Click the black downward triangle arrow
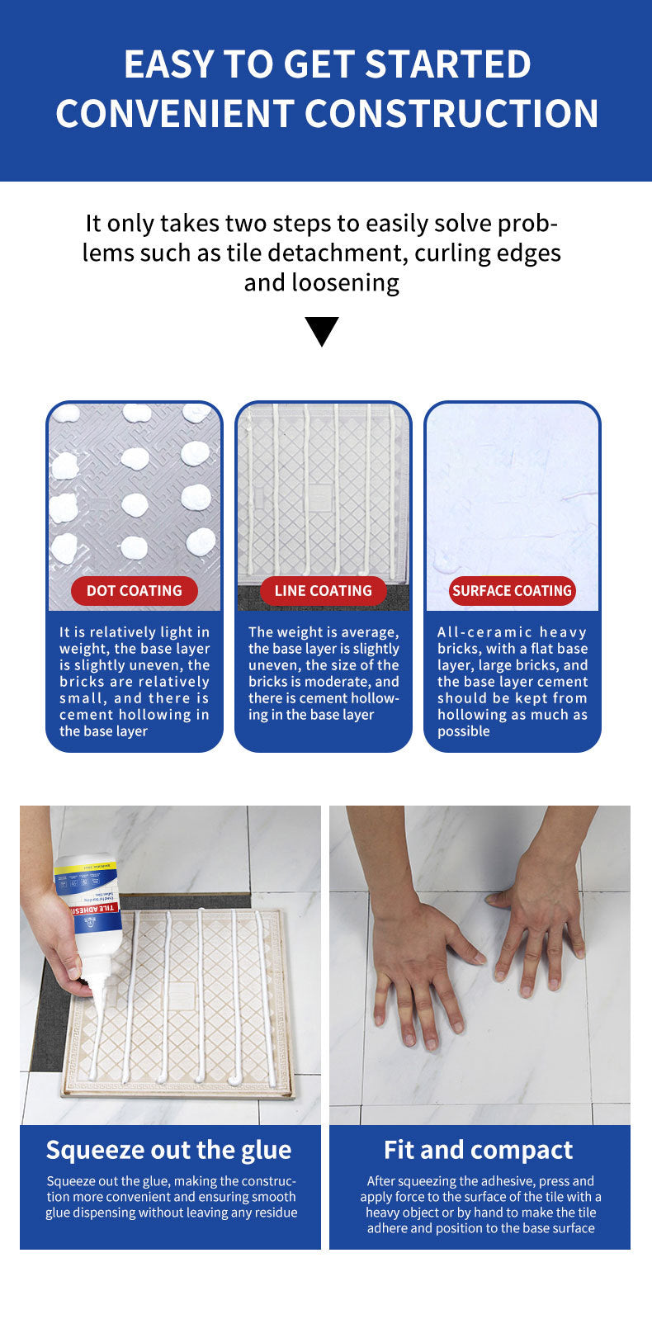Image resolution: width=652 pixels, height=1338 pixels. tap(322, 330)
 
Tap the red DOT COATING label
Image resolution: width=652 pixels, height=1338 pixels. tap(135, 591)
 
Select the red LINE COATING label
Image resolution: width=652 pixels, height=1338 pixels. tap(323, 591)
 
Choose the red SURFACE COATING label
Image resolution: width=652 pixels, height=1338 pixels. tap(513, 591)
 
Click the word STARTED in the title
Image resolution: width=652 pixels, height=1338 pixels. tap(448, 64)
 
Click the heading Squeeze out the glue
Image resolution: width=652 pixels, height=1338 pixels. tap(169, 1151)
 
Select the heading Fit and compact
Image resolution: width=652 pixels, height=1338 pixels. tap(478, 1151)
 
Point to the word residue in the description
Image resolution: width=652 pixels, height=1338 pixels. tap(276, 1213)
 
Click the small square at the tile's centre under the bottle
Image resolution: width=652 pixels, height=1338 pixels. tap(180, 995)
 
